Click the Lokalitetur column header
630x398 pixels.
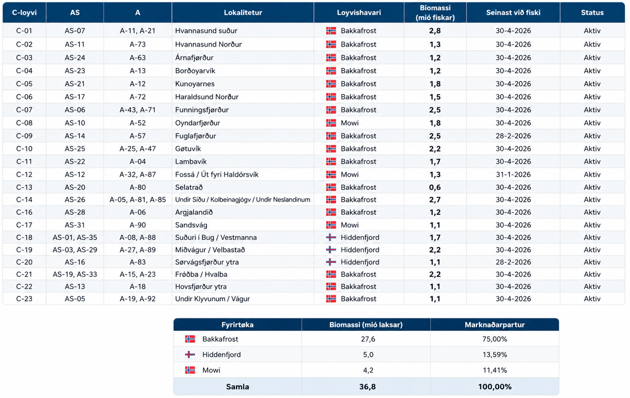pos(243,12)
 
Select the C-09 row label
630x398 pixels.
pos(24,136)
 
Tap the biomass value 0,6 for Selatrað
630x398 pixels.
pos(435,187)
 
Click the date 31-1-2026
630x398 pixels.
pos(513,174)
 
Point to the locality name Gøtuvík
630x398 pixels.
pos(188,149)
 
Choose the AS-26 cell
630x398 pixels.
pos(75,199)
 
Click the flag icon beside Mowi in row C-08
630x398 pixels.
pos(331,123)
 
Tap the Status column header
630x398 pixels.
pos(592,12)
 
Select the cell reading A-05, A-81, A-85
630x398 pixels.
pos(137,199)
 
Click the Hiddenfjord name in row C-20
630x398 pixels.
pos(360,262)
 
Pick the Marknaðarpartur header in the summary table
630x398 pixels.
pos(494,325)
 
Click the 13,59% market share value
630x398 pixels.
pos(494,354)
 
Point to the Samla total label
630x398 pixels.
pos(238,387)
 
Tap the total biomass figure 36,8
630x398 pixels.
pos(367,387)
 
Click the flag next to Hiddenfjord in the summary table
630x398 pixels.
pos(190,354)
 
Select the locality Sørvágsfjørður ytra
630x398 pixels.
pos(206,262)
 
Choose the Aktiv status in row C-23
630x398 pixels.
pos(592,298)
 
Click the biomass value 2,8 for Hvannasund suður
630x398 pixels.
pos(435,31)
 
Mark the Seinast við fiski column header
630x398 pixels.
pos(513,12)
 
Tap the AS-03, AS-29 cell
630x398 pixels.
pos(75,250)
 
